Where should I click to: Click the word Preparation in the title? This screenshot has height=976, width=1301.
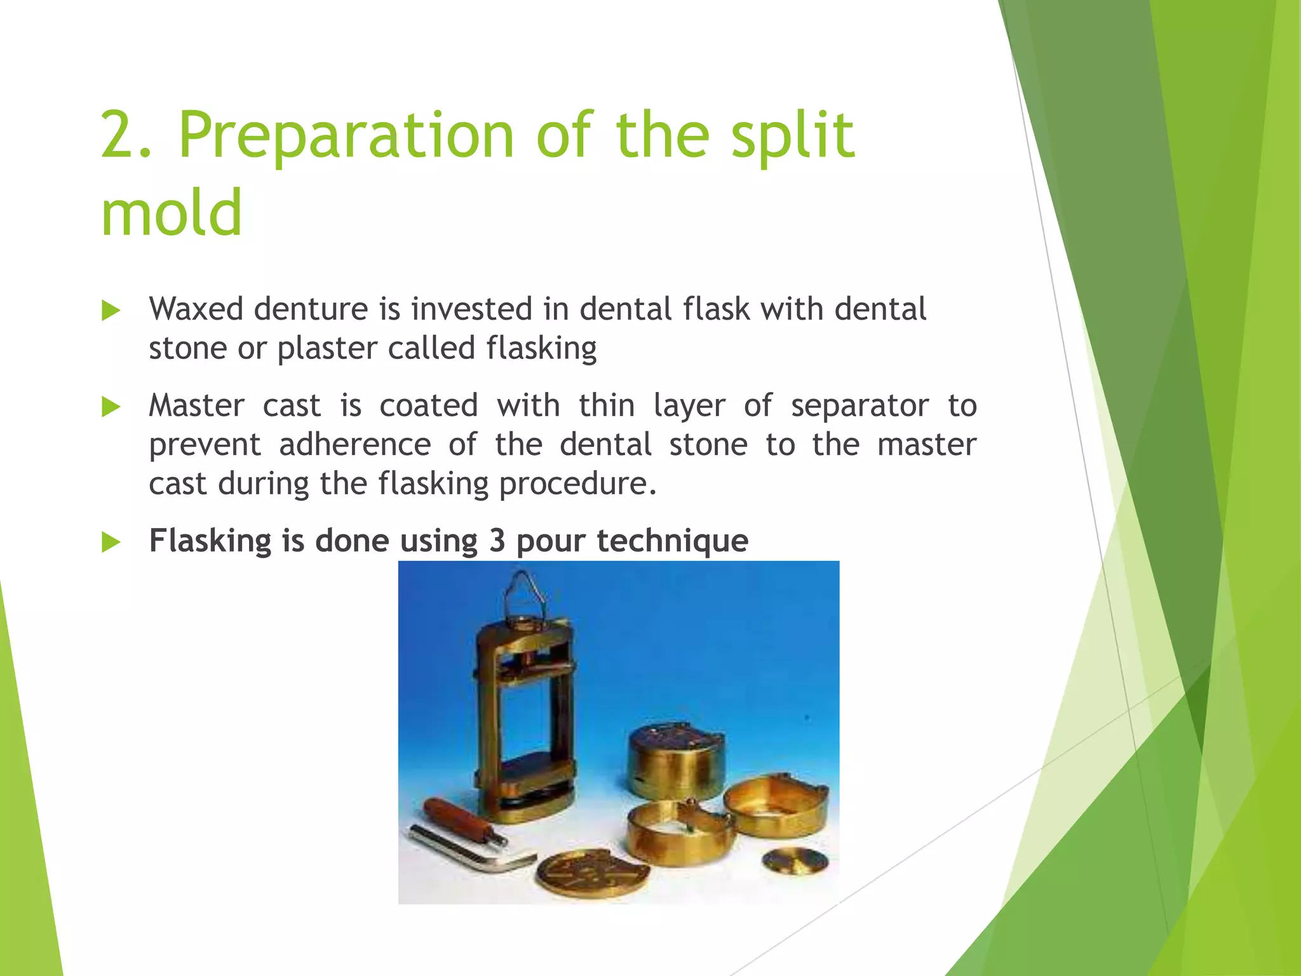pos(346,135)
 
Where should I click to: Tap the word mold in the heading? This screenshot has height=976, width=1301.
pos(172,212)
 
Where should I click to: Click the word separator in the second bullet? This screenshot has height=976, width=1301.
pos(859,406)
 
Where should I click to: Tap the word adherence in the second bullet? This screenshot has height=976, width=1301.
pos(354,445)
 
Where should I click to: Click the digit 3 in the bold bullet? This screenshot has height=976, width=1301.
pos(497,541)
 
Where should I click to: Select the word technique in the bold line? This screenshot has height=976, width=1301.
pos(672,541)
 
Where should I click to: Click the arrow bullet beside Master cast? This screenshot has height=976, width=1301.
pos(111,407)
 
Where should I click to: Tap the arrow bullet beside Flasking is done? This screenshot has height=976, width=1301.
pos(111,543)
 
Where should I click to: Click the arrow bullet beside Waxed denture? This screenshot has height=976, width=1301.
pos(111,311)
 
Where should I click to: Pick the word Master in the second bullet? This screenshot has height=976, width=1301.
pos(196,406)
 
